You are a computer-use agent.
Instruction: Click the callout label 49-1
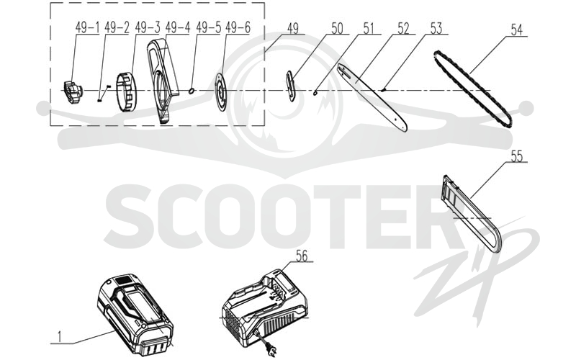pos(87,27)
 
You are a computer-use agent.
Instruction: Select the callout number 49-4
pos(177,27)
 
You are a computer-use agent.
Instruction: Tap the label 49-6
pos(238,27)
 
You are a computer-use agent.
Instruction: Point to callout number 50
pos(337,28)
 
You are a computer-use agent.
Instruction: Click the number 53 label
pos(436,28)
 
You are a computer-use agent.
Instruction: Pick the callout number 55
pos(516,156)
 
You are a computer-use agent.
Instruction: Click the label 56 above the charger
pos(302,256)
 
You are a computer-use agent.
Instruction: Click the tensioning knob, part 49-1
pos(73,92)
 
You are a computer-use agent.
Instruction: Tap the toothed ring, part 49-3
pos(127,92)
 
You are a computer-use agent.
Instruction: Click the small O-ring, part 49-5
pos(192,91)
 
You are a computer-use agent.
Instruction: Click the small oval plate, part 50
pos(291,86)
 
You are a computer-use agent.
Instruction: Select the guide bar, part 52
pos(372,98)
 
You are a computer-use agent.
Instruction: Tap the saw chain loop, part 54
pos(473,89)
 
